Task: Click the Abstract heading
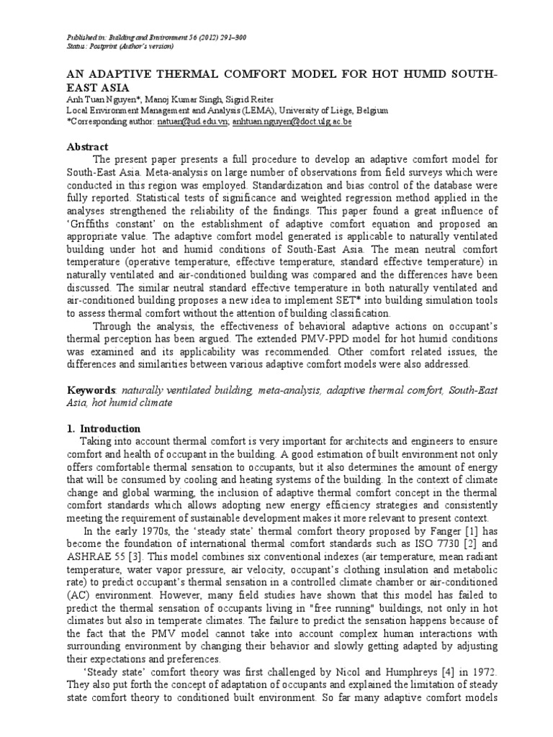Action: [x=87, y=146]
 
